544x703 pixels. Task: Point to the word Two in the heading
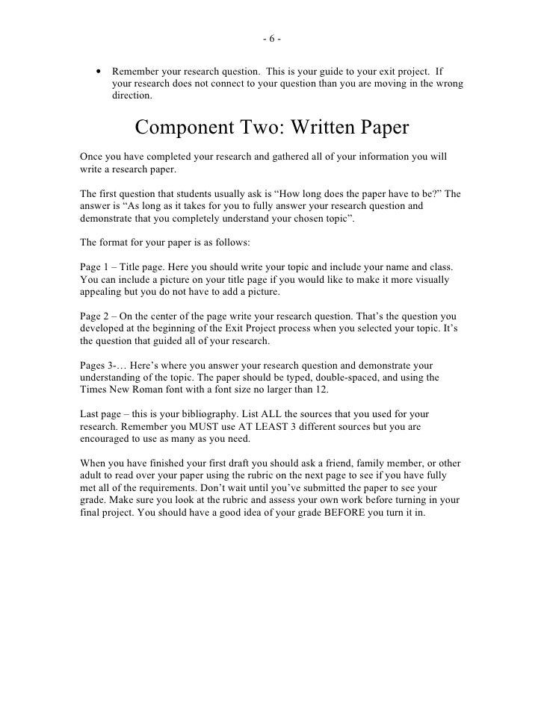pyautogui.click(x=265, y=128)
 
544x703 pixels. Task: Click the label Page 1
pyautogui.click(x=94, y=266)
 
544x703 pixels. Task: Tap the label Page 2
pyautogui.click(x=94, y=316)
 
